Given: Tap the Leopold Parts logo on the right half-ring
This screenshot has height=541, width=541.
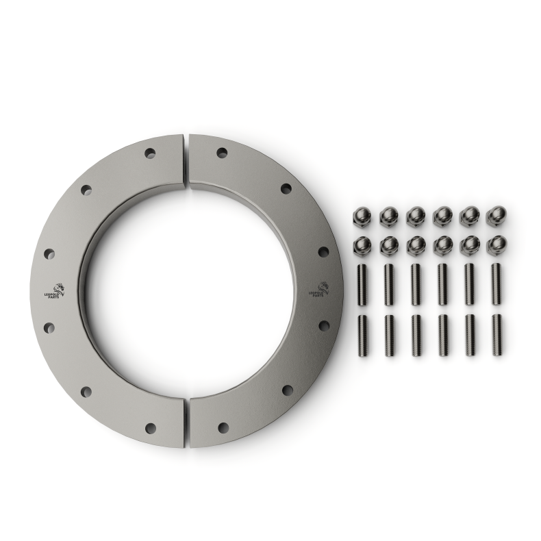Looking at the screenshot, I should tap(319, 289).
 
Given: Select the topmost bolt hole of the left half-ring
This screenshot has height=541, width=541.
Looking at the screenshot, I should tap(150, 153).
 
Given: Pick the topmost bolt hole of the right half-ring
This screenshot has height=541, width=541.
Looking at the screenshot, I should tap(222, 153).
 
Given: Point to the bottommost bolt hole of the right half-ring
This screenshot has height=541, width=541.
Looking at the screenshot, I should tap(223, 428).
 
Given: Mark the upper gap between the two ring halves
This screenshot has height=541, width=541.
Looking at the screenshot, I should tap(186, 159).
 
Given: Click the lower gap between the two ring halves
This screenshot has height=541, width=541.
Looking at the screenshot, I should tap(186, 422).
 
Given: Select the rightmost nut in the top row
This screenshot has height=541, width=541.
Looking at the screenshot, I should tap(496, 216).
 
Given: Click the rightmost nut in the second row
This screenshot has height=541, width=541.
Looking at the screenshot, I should tap(496, 244).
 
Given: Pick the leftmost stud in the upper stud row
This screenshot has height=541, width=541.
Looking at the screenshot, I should tap(362, 285).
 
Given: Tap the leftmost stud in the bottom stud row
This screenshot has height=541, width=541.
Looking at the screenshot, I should tap(362, 335).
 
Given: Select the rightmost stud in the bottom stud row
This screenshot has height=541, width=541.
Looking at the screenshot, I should tap(496, 335).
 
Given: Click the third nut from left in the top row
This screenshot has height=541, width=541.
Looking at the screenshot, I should tap(416, 217).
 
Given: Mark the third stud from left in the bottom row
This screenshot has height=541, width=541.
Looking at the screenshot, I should tap(416, 335).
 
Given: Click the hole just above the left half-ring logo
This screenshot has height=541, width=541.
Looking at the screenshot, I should tap(49, 254).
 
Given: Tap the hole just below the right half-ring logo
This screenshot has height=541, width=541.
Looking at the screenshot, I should tap(323, 326).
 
